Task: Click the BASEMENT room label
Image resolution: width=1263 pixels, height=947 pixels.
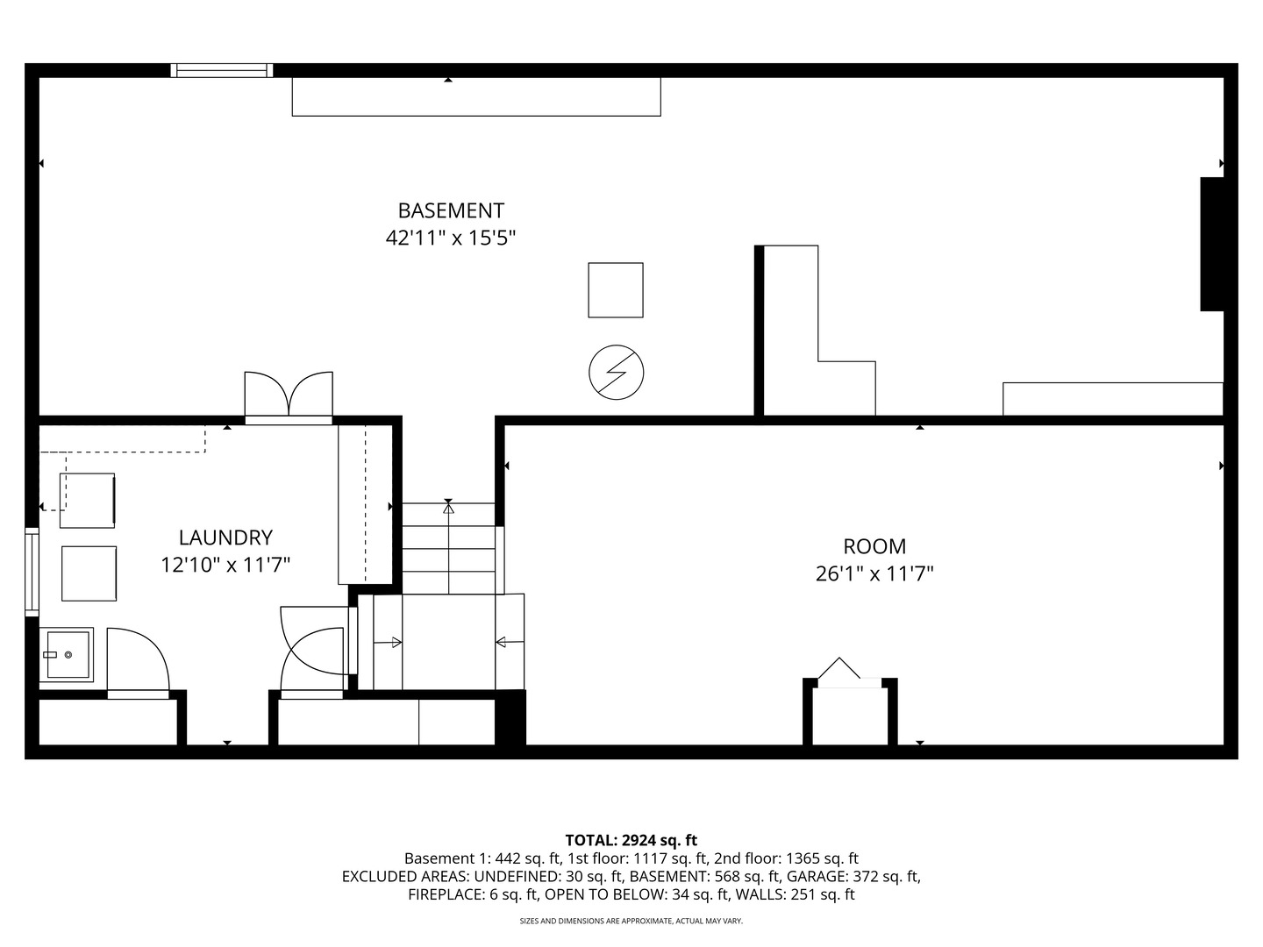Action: [x=451, y=210]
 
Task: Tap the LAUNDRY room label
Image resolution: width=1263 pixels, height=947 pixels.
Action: [x=225, y=538]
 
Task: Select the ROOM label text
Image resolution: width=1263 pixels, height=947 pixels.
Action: [x=874, y=546]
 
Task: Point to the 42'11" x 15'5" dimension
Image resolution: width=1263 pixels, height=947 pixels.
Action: [x=451, y=238]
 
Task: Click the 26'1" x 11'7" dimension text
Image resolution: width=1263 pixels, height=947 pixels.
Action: [x=874, y=574]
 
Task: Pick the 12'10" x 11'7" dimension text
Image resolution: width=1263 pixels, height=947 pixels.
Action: [x=225, y=565]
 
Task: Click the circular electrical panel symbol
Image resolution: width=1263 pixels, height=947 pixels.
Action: [x=616, y=372]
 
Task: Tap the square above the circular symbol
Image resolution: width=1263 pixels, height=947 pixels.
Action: [x=615, y=290]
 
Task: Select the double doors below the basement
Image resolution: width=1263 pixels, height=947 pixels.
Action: [x=289, y=395]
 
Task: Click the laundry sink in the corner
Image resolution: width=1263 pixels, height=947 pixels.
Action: [x=66, y=654]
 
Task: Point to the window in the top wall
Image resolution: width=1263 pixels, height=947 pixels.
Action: [x=222, y=71]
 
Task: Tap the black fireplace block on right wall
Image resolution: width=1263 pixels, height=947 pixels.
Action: [x=1211, y=244]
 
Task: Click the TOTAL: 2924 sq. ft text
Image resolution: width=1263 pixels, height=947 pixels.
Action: [x=631, y=840]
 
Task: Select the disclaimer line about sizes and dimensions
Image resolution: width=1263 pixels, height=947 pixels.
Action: [x=631, y=921]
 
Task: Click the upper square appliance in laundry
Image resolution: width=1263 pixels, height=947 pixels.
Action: [x=87, y=501]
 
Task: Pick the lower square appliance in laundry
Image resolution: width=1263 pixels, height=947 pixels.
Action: [x=89, y=573]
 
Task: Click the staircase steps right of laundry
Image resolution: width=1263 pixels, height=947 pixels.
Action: [x=448, y=548]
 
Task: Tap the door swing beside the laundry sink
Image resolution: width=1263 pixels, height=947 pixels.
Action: [x=137, y=663]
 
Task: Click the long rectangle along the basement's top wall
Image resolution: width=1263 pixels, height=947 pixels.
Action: [x=475, y=96]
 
